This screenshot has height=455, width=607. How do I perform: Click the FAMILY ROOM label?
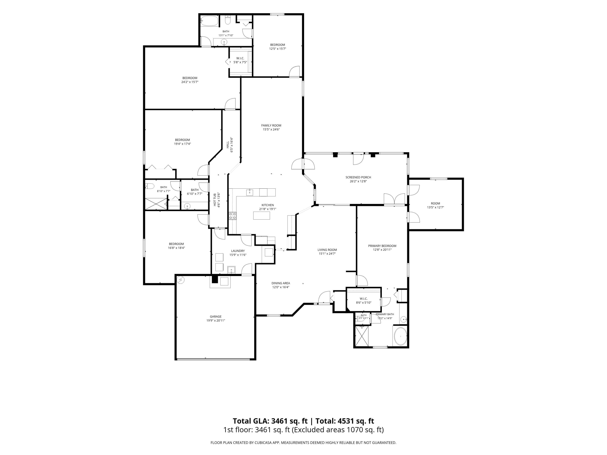click(271, 125)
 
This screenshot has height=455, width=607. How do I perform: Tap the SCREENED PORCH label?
click(358, 177)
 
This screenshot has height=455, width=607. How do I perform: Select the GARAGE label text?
click(216, 316)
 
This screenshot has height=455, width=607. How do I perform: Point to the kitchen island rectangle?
click(261, 216)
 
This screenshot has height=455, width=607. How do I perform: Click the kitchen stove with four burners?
click(233, 216)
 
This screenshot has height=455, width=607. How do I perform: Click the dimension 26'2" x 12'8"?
click(358, 181)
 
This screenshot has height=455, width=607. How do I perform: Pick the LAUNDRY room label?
click(238, 251)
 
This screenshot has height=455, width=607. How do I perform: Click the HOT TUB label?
click(215, 200)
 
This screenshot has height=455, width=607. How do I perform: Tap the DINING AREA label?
click(281, 283)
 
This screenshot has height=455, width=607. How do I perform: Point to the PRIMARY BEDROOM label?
click(382, 246)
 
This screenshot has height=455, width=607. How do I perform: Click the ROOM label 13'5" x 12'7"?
click(435, 203)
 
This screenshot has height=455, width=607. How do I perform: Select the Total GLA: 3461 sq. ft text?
click(270, 421)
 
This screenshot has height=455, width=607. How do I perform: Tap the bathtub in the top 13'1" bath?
click(209, 21)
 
